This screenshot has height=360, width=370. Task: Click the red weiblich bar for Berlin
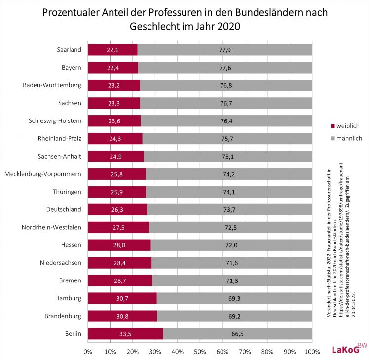click(x=125, y=334)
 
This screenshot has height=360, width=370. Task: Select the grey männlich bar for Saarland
click(x=224, y=50)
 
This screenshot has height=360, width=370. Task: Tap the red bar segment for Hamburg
click(x=122, y=298)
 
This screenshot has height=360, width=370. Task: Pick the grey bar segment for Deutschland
click(x=229, y=209)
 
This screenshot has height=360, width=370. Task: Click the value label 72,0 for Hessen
click(x=231, y=245)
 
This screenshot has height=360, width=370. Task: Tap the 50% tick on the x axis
click(x=200, y=351)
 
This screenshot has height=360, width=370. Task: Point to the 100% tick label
click(x=311, y=351)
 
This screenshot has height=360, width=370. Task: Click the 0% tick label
click(x=88, y=351)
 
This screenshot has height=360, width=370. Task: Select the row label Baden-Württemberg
click(x=52, y=85)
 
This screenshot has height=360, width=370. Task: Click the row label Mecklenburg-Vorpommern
click(x=42, y=174)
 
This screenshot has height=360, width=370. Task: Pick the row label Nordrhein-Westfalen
click(x=51, y=227)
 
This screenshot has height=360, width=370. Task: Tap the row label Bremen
click(x=70, y=280)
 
